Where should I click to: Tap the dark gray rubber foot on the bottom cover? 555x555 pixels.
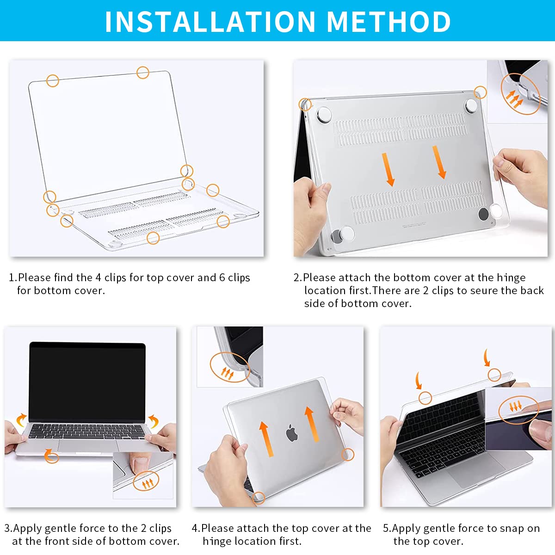pos(483,214)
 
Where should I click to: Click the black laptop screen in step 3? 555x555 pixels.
pos(87,382)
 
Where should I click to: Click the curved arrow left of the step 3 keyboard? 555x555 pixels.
pos(20,420)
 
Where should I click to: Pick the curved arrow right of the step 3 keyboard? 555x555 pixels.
pos(154,421)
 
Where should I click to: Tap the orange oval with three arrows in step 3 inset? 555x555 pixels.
pos(146,482)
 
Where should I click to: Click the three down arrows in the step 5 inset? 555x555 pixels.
pos(515,407)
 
